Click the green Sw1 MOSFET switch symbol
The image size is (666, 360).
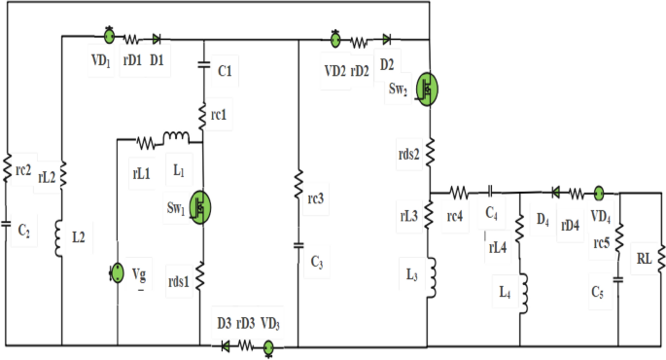tap(200, 206)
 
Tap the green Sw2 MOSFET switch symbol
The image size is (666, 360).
tap(426, 89)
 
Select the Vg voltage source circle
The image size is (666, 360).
tap(117, 271)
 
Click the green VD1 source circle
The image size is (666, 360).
tap(109, 38)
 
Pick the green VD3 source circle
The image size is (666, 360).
tap(268, 344)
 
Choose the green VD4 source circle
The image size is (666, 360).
tap(600, 194)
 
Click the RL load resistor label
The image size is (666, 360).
tap(644, 260)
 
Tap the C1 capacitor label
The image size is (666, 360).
tap(225, 72)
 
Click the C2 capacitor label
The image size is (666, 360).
tap(23, 231)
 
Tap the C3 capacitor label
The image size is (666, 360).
tap(317, 263)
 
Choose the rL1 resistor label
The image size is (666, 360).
tap(141, 172)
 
